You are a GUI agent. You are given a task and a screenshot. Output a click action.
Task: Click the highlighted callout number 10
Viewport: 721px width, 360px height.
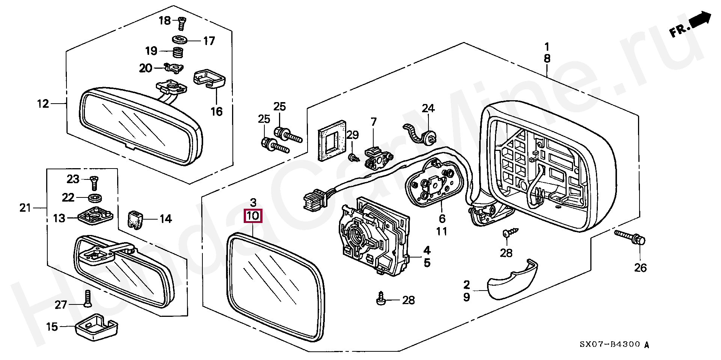pos(253,216)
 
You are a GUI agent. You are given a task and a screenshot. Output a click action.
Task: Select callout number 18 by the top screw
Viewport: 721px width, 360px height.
pos(164,21)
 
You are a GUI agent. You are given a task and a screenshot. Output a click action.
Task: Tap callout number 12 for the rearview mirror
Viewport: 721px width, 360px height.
pos(43,104)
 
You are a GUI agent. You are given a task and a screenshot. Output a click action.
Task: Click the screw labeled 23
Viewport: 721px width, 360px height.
pos(93,184)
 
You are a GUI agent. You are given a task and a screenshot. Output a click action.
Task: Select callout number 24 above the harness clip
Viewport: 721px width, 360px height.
pos(428,108)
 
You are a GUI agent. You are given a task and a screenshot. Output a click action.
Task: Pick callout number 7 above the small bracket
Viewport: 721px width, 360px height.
pos(373,122)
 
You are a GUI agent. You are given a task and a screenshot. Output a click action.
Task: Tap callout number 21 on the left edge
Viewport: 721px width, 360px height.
pos(25,208)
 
